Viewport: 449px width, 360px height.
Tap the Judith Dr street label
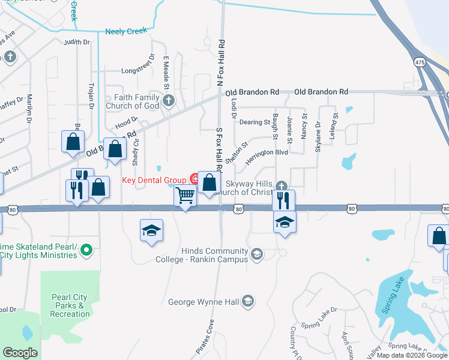pyautogui.click(x=77, y=42)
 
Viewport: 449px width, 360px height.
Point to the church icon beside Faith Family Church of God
pyautogui.click(x=169, y=101)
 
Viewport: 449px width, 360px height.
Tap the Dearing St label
pyautogui.click(x=255, y=122)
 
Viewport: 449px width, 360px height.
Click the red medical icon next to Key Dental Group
pyautogui.click(x=194, y=178)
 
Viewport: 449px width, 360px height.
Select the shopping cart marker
pyautogui.click(x=186, y=195)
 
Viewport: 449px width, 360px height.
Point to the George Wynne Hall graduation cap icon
pyautogui.click(x=249, y=302)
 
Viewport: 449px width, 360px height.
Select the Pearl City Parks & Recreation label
pyautogui.click(x=70, y=305)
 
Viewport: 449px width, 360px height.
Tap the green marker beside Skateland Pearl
pyautogui.click(x=86, y=249)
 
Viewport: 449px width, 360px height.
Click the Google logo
pyautogui.click(x=20, y=353)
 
